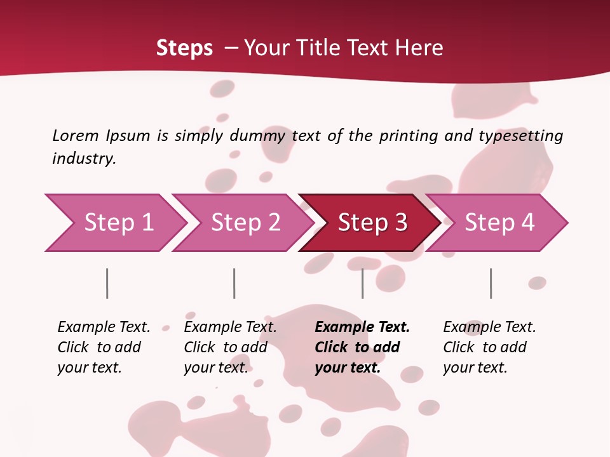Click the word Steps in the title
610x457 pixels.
(184, 48)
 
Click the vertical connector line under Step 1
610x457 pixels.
(107, 283)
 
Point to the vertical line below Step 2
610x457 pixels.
(234, 283)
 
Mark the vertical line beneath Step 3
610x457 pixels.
(363, 283)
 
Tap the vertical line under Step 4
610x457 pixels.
(491, 283)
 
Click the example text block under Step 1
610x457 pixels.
(104, 347)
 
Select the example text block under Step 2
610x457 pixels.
(230, 347)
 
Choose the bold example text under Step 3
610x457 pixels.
(362, 347)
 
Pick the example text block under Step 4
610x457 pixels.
(489, 347)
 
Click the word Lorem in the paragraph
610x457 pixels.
(75, 136)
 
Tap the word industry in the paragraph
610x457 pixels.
(84, 159)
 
